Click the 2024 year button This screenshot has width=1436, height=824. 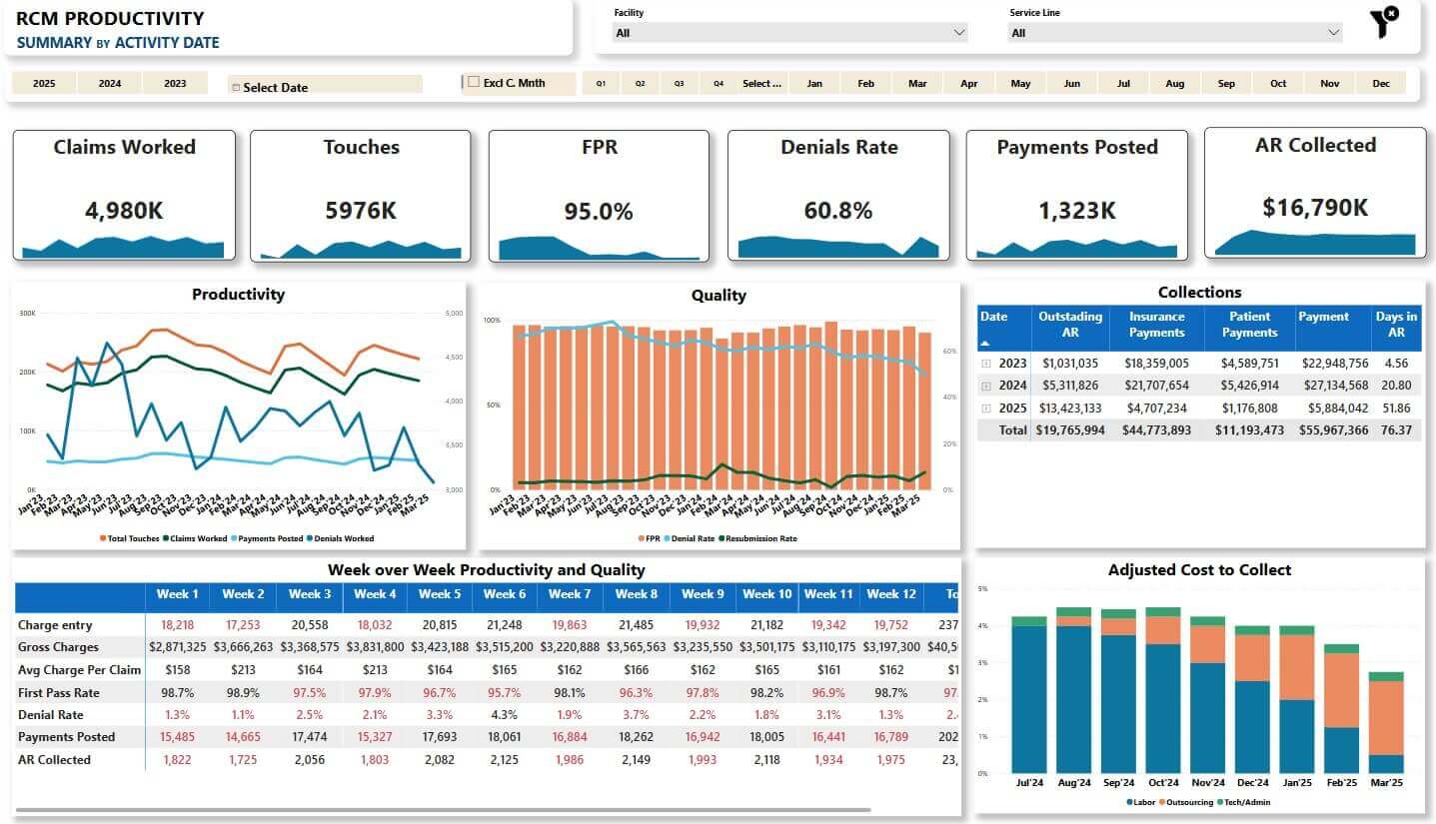pyautogui.click(x=110, y=84)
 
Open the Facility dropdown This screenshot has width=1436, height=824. pyautogui.click(x=789, y=33)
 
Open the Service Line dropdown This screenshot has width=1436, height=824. pyautogui.click(x=1174, y=33)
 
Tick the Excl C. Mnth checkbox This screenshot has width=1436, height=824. pyautogui.click(x=474, y=83)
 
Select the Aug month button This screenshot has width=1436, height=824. pyautogui.click(x=1175, y=84)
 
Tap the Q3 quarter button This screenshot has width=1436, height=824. pyautogui.click(x=679, y=84)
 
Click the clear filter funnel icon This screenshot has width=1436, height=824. pyautogui.click(x=1384, y=22)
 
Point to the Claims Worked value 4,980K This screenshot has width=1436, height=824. pyautogui.click(x=124, y=211)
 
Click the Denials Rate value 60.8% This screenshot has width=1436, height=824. pyautogui.click(x=838, y=211)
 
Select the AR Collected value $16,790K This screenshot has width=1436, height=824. pyautogui.click(x=1315, y=208)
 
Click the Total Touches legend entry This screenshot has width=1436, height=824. pyautogui.click(x=130, y=538)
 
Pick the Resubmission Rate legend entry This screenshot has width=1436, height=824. pyautogui.click(x=757, y=538)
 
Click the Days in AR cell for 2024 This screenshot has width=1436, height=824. pyautogui.click(x=1397, y=386)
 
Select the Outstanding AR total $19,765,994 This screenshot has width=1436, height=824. pyautogui.click(x=1070, y=429)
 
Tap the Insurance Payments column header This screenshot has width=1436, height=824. pyautogui.click(x=1156, y=325)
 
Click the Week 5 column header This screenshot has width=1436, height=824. pyautogui.click(x=440, y=594)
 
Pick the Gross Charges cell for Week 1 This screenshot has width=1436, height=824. pyautogui.click(x=178, y=647)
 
